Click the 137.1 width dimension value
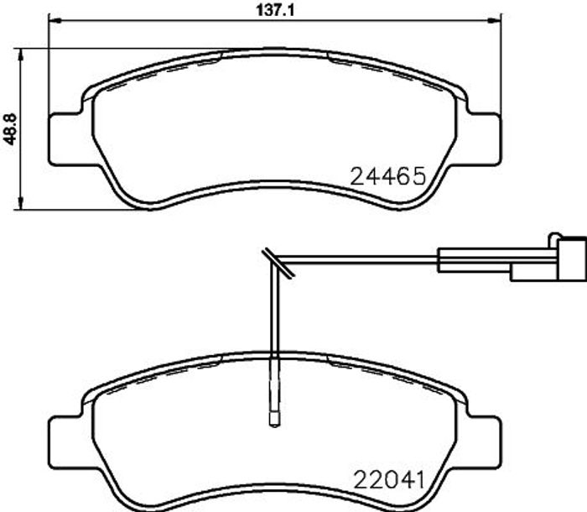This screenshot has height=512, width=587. [x=276, y=10]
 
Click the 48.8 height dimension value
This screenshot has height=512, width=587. [x=10, y=130]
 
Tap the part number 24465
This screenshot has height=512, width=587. [x=388, y=176]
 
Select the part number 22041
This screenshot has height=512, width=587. [x=389, y=479]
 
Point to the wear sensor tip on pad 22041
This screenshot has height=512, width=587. [x=274, y=419]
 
